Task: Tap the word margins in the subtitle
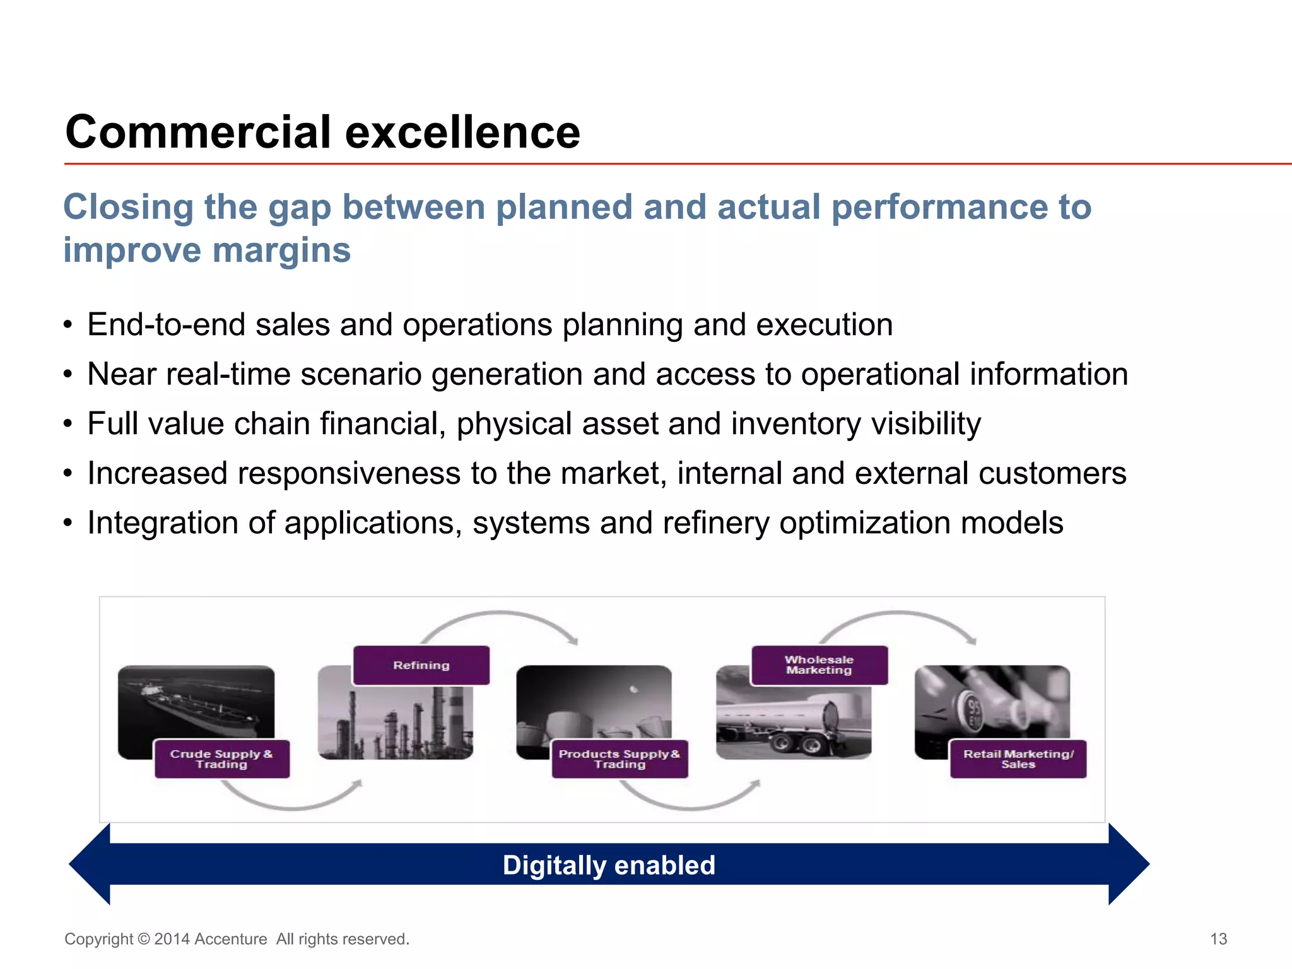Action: point(281,250)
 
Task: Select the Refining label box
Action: point(421,665)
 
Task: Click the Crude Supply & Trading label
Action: point(221,759)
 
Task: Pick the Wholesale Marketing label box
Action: point(819,665)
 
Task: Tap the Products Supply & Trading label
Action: point(620,759)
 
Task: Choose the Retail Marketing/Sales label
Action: point(1018,759)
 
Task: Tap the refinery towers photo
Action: point(395,722)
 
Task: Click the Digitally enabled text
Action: point(609,865)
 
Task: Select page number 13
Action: point(1218,939)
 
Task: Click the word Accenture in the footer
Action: point(230,939)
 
